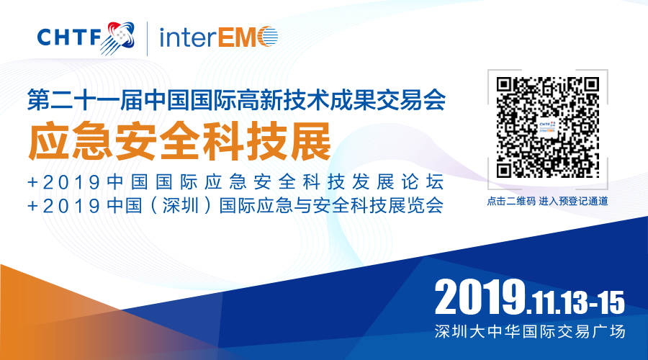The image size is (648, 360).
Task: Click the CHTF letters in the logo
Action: (69, 37)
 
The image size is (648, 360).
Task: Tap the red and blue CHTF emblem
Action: (118, 38)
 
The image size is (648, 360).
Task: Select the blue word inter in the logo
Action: (188, 37)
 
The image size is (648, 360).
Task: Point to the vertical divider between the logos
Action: (148, 38)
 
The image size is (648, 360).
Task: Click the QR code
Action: (548, 127)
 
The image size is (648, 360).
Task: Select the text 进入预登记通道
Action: (574, 202)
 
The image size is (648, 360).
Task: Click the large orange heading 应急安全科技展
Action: (180, 141)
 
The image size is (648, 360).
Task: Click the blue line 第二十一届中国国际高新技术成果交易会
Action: (236, 99)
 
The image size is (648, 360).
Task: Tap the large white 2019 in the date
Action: (480, 297)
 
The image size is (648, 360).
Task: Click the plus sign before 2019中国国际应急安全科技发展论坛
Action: (32, 182)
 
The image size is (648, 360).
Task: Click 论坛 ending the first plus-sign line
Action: (423, 182)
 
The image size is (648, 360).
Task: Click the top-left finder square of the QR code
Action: (504, 85)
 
